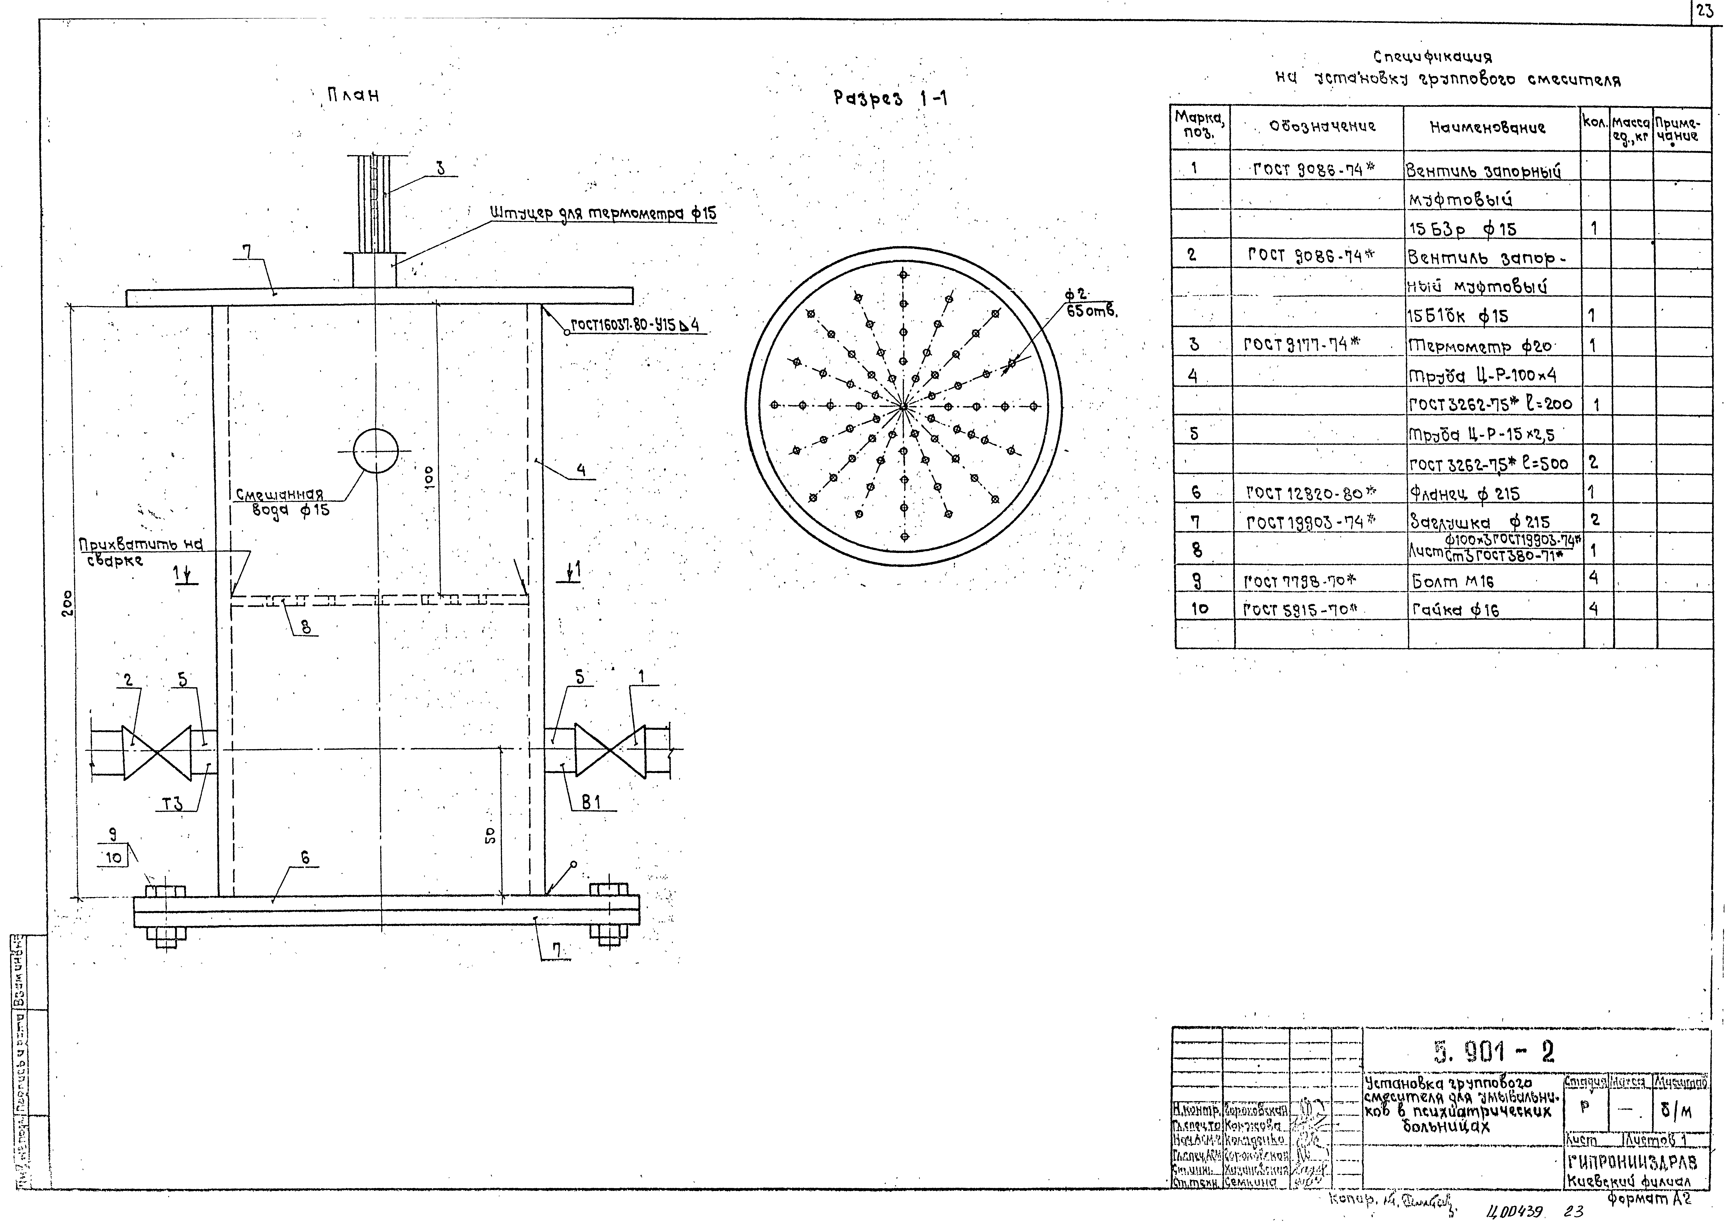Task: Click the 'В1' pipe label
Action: (x=591, y=803)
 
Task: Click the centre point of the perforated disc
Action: (x=903, y=406)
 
